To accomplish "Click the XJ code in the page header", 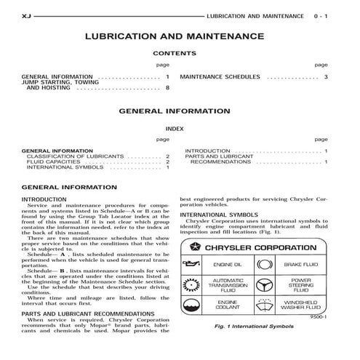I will (x=26, y=14).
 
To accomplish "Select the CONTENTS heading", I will (x=174, y=53).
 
